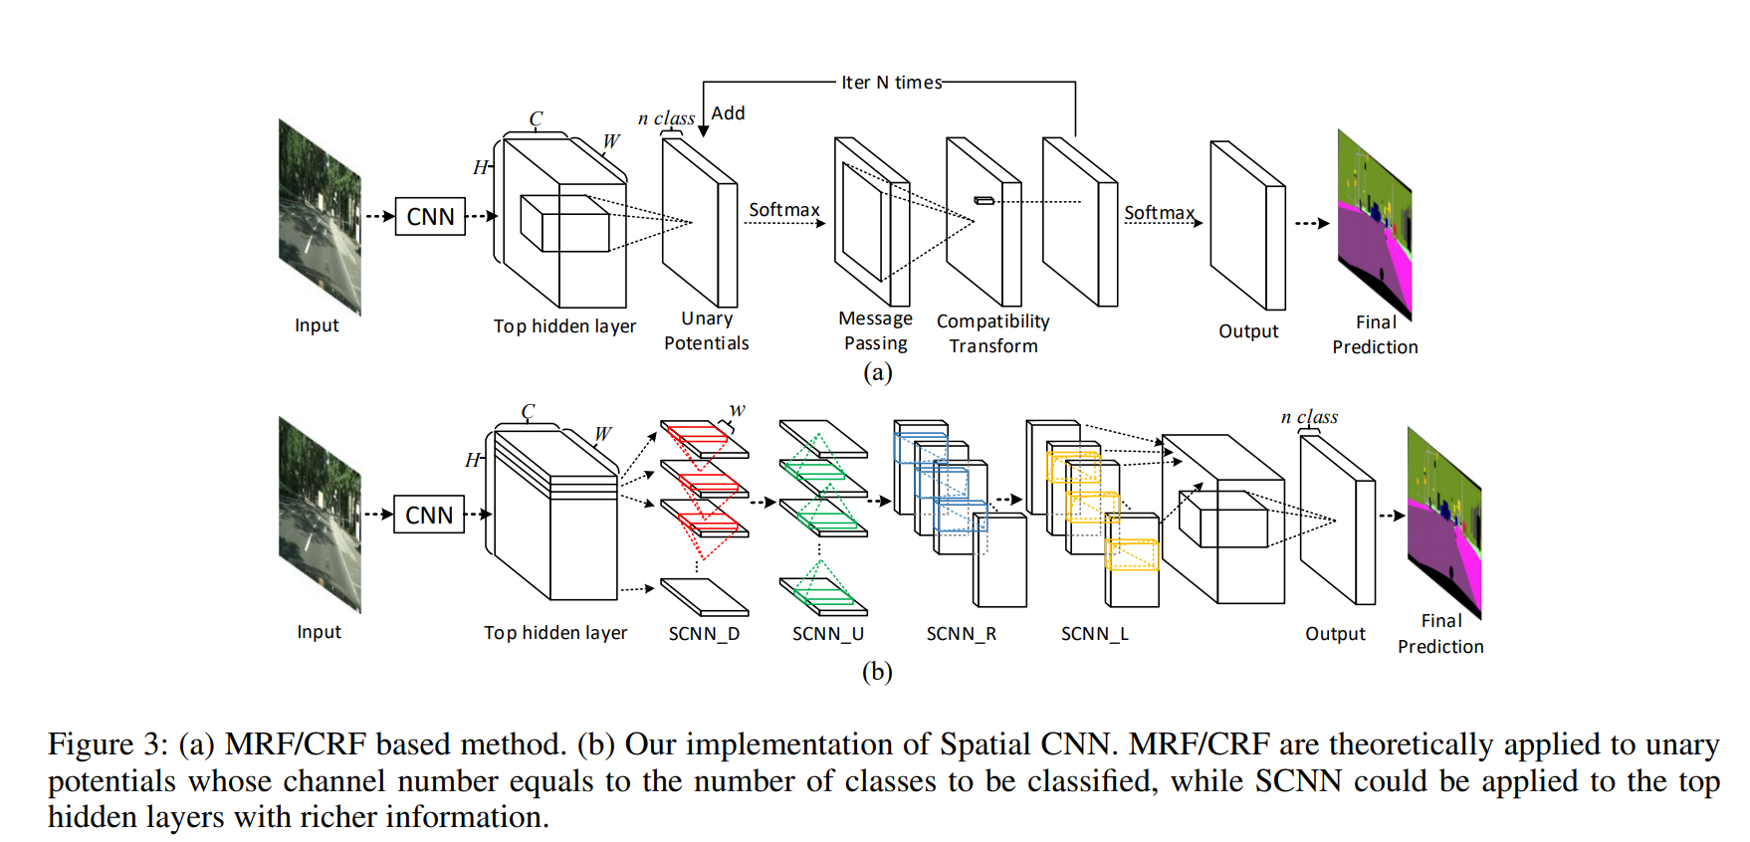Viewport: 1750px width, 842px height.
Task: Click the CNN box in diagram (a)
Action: (x=430, y=216)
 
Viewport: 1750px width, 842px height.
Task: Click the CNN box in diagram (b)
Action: (x=429, y=515)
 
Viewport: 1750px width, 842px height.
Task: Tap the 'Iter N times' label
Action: (x=891, y=83)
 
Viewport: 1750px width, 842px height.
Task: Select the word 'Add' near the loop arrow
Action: (x=728, y=113)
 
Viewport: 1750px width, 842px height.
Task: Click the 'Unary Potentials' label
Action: (x=707, y=330)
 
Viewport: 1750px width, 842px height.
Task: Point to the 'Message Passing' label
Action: (x=875, y=330)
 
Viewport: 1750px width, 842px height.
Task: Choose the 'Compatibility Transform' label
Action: (x=993, y=333)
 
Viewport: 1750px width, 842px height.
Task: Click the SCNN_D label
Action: (x=704, y=634)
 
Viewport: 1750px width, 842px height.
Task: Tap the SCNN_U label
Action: (x=828, y=634)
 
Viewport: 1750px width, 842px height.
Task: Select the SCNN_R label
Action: (x=961, y=634)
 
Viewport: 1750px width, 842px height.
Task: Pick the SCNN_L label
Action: (x=1095, y=634)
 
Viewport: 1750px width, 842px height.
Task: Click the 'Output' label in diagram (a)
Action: (x=1248, y=331)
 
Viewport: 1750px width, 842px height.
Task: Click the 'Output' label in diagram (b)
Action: (x=1335, y=634)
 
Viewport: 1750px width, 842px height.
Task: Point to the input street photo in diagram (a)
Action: (x=320, y=216)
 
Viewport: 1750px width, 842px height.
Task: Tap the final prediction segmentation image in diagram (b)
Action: (x=1444, y=521)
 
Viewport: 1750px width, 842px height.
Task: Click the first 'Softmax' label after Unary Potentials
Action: (x=783, y=210)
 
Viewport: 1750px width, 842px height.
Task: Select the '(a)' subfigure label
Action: (x=877, y=372)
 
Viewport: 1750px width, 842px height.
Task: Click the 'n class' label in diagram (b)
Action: (x=1309, y=417)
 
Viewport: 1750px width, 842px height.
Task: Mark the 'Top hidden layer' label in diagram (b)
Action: (x=555, y=633)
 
